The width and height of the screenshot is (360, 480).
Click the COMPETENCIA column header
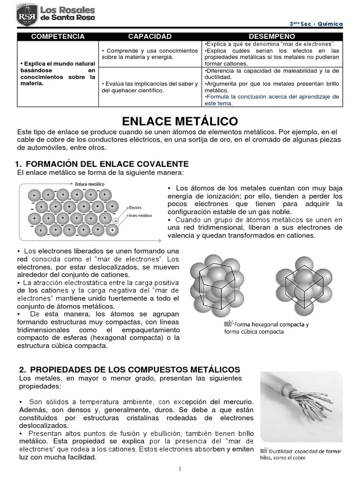57,37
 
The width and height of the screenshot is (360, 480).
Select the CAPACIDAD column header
150,37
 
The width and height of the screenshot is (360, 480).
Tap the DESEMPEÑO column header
272,37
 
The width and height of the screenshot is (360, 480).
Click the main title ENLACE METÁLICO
180,121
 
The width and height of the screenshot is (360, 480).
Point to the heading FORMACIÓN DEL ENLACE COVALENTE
107,164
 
